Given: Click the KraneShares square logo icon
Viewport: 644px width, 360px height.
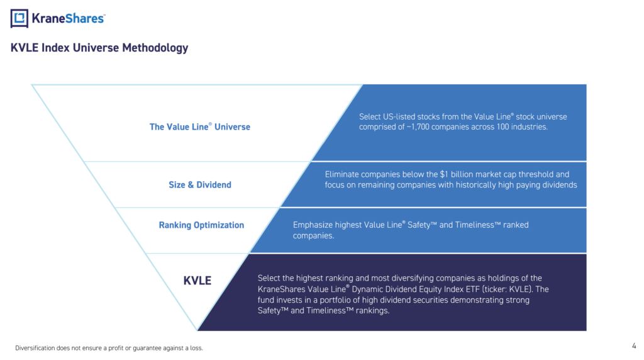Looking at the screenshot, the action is click(x=19, y=18).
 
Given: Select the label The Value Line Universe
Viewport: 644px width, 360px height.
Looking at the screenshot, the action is click(x=199, y=127).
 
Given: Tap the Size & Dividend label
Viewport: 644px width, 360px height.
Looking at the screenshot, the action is click(x=200, y=185).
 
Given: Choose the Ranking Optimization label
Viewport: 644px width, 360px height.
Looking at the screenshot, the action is click(x=201, y=225).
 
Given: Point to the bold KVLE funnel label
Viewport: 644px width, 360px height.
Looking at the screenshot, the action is click(x=197, y=281).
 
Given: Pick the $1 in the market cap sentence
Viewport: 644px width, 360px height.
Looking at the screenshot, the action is click(x=444, y=174).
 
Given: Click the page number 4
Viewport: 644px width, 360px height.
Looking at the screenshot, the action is click(x=634, y=346).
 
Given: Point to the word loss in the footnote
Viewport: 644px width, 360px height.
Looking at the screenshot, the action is click(x=196, y=348).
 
